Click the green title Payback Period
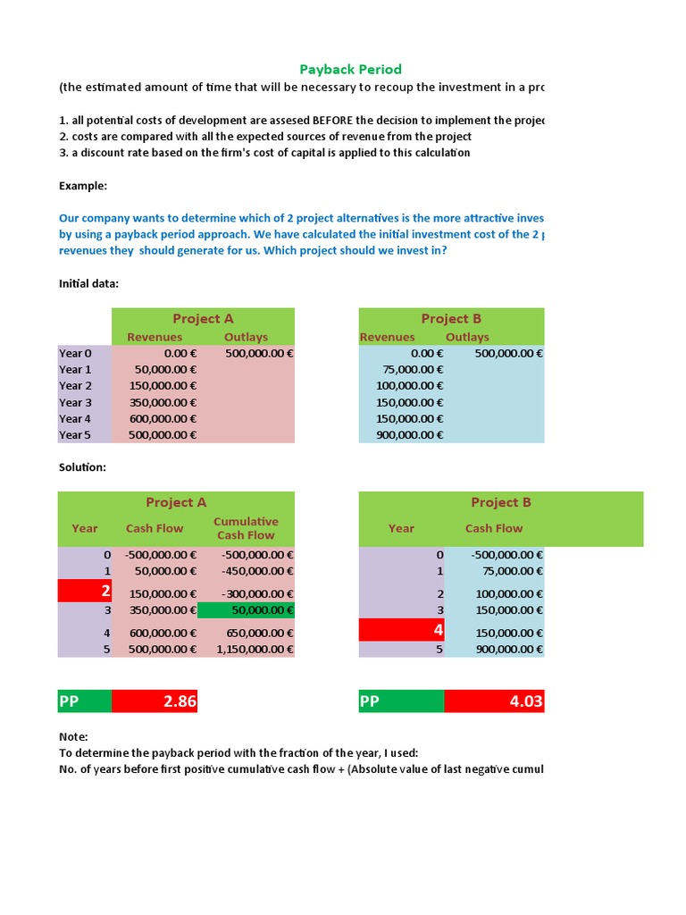tap(350, 69)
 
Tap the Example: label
tap(83, 185)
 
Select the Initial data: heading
tap(88, 283)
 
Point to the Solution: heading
tap(83, 467)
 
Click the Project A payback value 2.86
tap(155, 701)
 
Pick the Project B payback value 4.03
tap(493, 701)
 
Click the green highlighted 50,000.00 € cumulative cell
tap(246, 610)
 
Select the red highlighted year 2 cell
tap(85, 591)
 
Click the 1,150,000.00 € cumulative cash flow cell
tap(246, 649)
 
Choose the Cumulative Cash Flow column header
tap(246, 528)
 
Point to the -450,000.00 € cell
tap(246, 571)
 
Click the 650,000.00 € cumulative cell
tap(246, 633)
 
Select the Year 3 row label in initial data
tap(76, 402)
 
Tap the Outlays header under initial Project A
tap(246, 337)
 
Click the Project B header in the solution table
tap(500, 502)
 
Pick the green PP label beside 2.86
tap(84, 701)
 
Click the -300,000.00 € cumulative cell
tap(246, 593)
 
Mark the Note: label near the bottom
tap(73, 737)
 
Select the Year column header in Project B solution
tap(401, 528)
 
